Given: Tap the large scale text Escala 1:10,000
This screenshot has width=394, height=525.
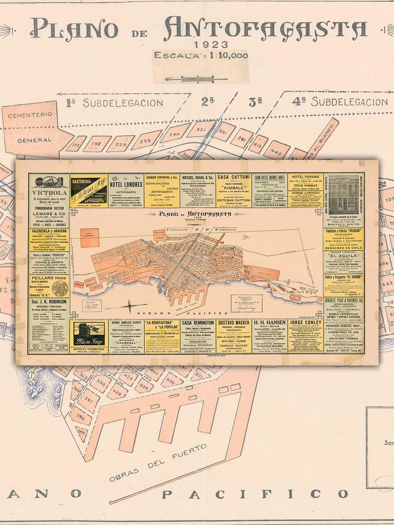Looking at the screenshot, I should tap(201, 55).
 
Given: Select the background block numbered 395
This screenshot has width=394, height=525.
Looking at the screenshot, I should tap(81, 432).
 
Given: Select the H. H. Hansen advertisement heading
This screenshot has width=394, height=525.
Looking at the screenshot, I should tap(270, 323).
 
